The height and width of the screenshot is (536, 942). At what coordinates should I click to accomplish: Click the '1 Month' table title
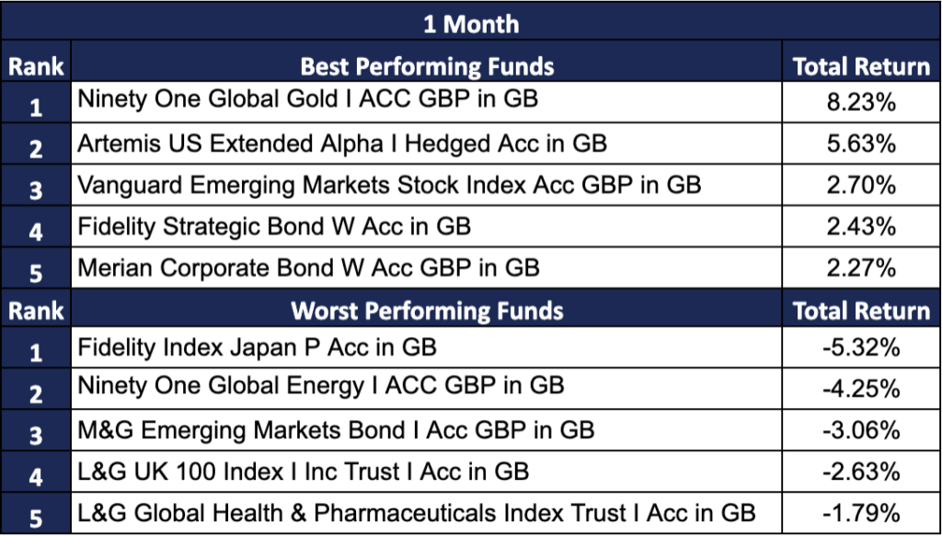point(470,24)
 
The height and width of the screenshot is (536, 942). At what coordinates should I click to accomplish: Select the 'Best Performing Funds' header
point(427,66)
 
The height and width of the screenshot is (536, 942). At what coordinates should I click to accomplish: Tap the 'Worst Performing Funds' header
point(427,310)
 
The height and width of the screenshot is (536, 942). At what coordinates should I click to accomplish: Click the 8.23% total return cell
point(861,102)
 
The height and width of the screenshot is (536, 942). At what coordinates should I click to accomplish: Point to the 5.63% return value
point(861,144)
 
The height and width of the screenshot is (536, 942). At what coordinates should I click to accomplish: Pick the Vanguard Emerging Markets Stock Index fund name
point(389,185)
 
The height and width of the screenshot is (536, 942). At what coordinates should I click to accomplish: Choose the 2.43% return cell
point(861,227)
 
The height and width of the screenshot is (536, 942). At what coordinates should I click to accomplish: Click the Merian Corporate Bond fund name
point(308,267)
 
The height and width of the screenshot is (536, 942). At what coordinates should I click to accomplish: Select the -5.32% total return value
point(861,347)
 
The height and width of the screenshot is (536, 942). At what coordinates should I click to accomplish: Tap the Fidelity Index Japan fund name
point(258,347)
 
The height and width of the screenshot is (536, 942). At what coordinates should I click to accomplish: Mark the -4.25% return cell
point(861,389)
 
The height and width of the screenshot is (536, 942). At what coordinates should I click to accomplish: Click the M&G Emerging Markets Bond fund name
point(336,430)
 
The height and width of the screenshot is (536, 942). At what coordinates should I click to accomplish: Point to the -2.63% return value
point(861,472)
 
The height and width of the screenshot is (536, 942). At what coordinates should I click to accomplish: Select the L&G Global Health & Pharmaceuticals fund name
point(417,513)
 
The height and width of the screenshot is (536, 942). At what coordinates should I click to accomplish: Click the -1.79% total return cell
point(861,513)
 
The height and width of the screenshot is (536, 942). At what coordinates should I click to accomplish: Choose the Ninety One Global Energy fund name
point(321,385)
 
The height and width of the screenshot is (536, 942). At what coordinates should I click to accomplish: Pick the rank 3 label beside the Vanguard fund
point(36,190)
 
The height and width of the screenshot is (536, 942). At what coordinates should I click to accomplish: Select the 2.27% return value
point(861,268)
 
